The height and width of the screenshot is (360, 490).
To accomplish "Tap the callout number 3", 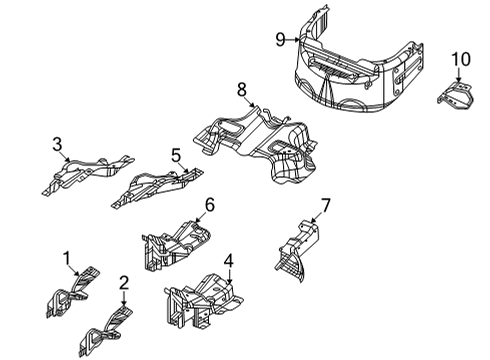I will coord(58,146).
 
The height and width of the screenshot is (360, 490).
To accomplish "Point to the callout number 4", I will coord(229,263).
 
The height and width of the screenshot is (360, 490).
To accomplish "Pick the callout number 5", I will coord(177,155).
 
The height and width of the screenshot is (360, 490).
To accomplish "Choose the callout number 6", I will coord(210,206).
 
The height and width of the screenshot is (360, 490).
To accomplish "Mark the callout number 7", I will coord(324,206).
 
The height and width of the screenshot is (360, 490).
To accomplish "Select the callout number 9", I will coord(282,39).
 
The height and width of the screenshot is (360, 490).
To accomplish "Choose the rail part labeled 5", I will coord(150,185).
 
